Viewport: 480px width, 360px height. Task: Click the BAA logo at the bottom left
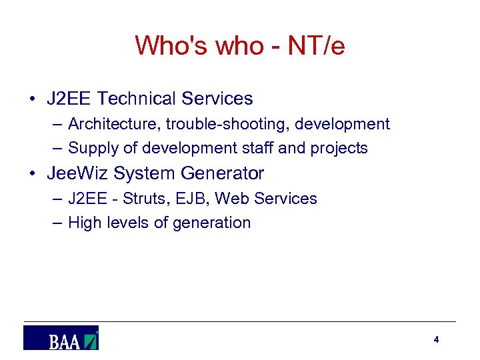(61, 338)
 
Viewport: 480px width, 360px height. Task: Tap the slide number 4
(436, 340)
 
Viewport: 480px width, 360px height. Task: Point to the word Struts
(141, 199)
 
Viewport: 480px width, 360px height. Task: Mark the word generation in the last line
(211, 223)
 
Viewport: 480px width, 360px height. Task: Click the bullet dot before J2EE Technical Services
(32, 99)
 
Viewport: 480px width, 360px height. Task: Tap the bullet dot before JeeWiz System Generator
(32, 174)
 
